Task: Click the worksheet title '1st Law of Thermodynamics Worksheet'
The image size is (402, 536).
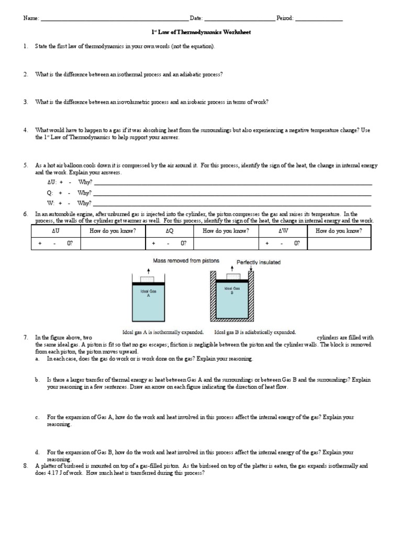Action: coord(201,32)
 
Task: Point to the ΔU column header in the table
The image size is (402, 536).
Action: coord(56,231)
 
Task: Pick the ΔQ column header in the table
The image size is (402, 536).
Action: coord(169,231)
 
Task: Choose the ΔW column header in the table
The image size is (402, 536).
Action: coord(283,231)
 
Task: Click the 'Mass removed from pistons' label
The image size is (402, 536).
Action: coord(186,260)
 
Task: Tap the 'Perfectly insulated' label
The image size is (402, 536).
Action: coord(258,262)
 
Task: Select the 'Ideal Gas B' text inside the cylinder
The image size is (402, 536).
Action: coord(231,291)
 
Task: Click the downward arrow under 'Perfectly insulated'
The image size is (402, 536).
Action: coord(252,270)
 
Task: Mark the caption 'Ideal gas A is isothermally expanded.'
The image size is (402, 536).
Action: coord(162,332)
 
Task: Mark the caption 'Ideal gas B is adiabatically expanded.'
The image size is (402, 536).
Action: coord(255,332)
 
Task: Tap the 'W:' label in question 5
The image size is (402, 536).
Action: coord(50,203)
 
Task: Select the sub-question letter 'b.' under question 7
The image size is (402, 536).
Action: coord(38,380)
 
